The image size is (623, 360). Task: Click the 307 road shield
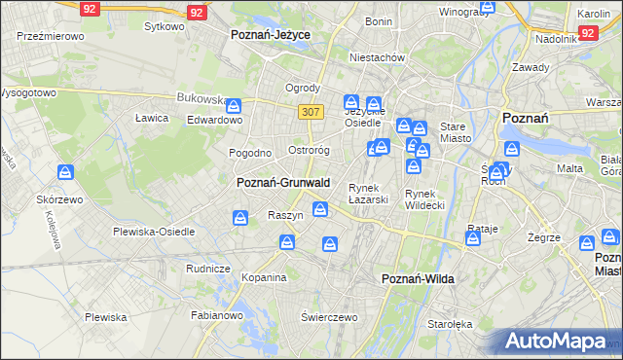[311, 112]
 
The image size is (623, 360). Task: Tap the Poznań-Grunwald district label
[283, 182]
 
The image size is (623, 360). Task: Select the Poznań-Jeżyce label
[270, 33]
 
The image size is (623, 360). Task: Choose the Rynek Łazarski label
[369, 194]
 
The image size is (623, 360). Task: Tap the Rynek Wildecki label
[424, 198]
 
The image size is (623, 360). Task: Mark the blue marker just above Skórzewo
[65, 173]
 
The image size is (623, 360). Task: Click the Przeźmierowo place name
[51, 35]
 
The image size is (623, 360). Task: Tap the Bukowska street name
[201, 98]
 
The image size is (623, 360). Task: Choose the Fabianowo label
[216, 314]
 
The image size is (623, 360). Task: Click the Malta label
[569, 168]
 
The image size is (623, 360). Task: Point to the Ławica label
[152, 118]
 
